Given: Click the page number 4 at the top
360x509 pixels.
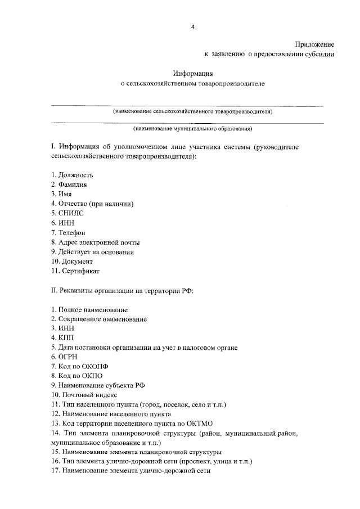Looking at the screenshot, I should click(192, 26).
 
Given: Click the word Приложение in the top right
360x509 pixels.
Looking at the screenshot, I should click(315, 44).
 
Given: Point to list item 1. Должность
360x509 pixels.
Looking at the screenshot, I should click(72, 175).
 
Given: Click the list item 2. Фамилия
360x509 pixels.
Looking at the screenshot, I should click(69, 184).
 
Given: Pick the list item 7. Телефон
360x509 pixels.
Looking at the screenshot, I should click(69, 232).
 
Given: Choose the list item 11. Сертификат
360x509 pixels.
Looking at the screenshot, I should click(75, 271).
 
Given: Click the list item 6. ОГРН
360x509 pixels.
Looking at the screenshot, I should click(64, 357).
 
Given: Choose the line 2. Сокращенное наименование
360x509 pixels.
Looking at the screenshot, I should click(99, 319).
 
